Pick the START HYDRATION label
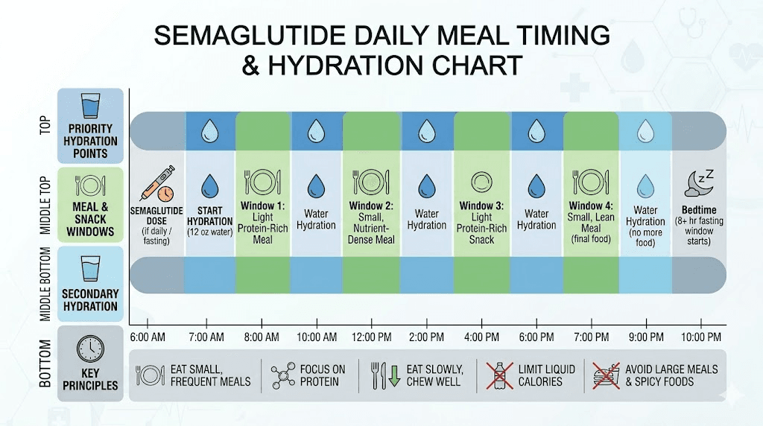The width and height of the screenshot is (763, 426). (209, 216)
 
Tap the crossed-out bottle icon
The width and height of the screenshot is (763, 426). (502, 375)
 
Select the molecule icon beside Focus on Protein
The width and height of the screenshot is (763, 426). (282, 375)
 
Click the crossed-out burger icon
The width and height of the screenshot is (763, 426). (604, 375)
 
